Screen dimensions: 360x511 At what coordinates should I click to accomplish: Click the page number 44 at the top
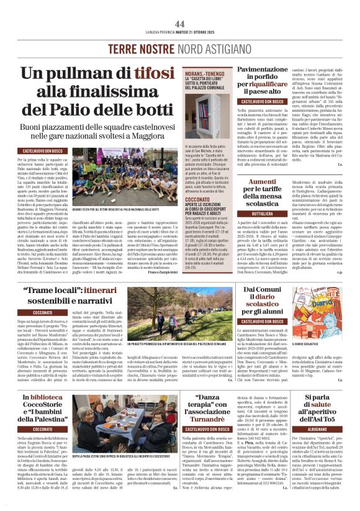point(180,6)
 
